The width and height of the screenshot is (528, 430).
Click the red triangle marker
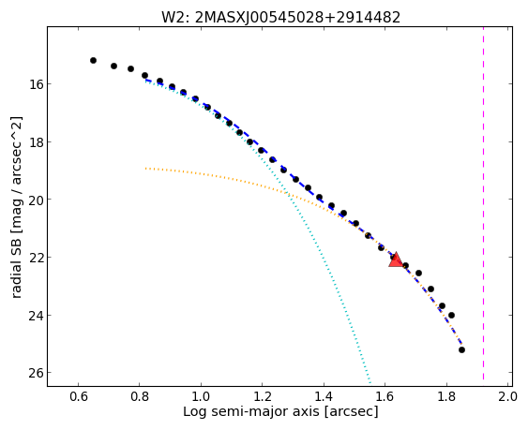tap(396, 260)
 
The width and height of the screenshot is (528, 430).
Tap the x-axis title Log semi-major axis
tap(251, 411)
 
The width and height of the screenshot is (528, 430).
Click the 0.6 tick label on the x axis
tap(79, 396)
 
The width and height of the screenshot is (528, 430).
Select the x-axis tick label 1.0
tap(201, 396)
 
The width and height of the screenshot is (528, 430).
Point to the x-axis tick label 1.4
tap(324, 396)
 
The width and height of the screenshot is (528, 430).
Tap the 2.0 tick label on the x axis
tap(507, 396)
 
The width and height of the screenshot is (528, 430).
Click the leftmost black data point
tap(93, 61)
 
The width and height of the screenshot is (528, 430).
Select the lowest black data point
tap(461, 350)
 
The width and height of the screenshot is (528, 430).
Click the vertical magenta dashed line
tap(484, 203)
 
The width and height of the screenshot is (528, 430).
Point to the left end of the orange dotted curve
tap(145, 169)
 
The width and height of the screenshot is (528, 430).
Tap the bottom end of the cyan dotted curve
tap(370, 382)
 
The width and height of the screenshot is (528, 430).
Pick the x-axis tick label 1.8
tap(446, 396)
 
